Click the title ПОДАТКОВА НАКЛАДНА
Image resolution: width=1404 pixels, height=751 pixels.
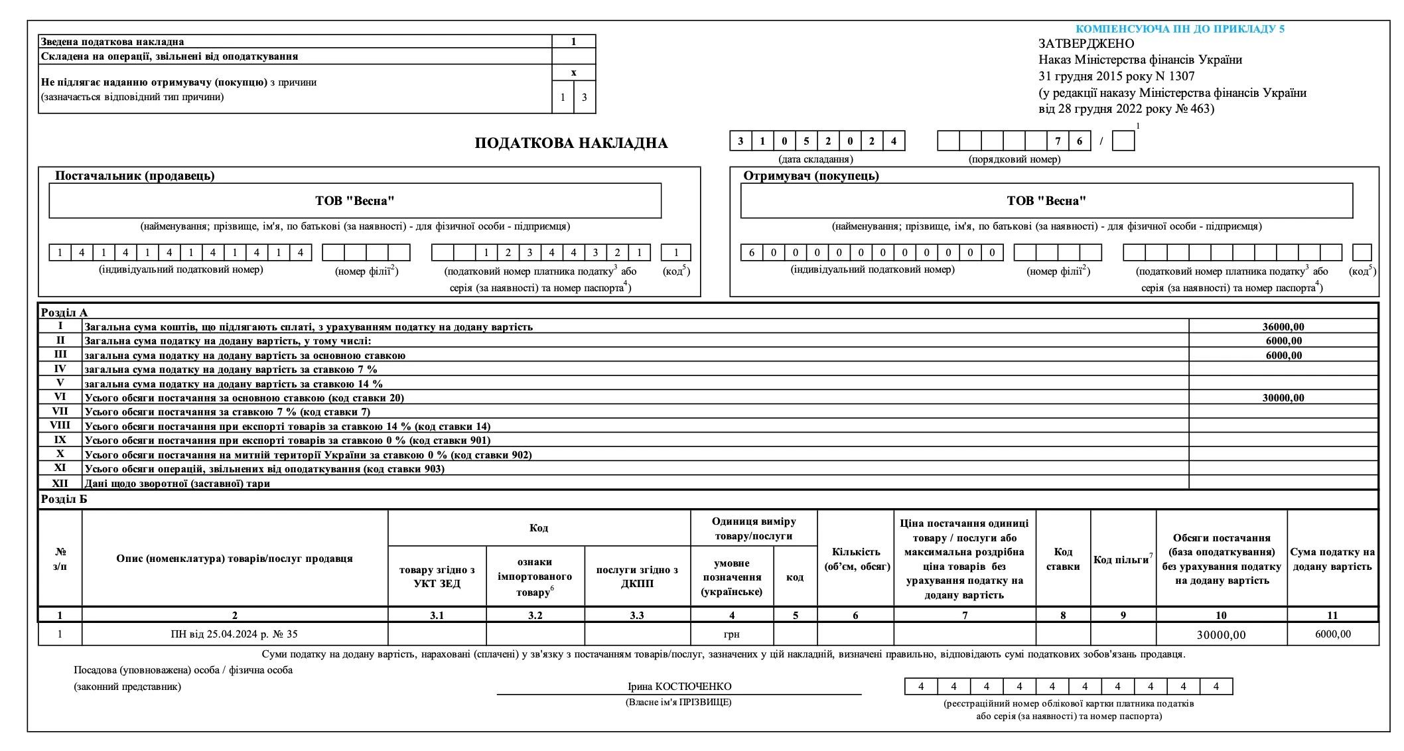pyautogui.click(x=571, y=143)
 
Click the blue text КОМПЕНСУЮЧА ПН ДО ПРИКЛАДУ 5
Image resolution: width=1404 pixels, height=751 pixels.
pyautogui.click(x=1180, y=29)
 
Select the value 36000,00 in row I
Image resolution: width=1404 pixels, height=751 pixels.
pyautogui.click(x=1283, y=326)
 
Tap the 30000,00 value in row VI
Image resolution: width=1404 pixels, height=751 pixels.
pyautogui.click(x=1283, y=398)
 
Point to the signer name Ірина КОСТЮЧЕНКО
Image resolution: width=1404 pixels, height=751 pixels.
pyautogui.click(x=679, y=687)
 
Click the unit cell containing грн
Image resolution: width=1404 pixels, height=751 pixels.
pyautogui.click(x=731, y=634)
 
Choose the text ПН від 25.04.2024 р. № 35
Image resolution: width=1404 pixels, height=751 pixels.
pyautogui.click(x=234, y=634)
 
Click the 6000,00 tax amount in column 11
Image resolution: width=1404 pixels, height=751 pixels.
pyautogui.click(x=1332, y=634)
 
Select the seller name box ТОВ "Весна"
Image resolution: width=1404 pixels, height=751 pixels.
pyautogui.click(x=355, y=200)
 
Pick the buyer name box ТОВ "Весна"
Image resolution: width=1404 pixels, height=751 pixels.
pyautogui.click(x=1046, y=200)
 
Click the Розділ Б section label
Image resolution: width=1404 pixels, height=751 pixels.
pyautogui.click(x=64, y=499)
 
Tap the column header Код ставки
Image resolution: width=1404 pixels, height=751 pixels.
pyautogui.click(x=1062, y=559)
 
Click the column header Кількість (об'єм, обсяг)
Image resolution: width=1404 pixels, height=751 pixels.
pyautogui.click(x=857, y=559)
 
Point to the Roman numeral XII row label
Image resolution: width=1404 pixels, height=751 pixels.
pyautogui.click(x=60, y=483)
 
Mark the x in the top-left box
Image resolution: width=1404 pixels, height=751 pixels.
pyautogui.click(x=574, y=73)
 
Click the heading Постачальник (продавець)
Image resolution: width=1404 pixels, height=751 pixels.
pyautogui.click(x=135, y=176)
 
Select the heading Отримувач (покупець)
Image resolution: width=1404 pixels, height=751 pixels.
pyautogui.click(x=811, y=176)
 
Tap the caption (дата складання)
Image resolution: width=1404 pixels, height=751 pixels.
pyautogui.click(x=815, y=159)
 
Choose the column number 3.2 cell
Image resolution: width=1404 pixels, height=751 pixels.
pyautogui.click(x=535, y=615)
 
